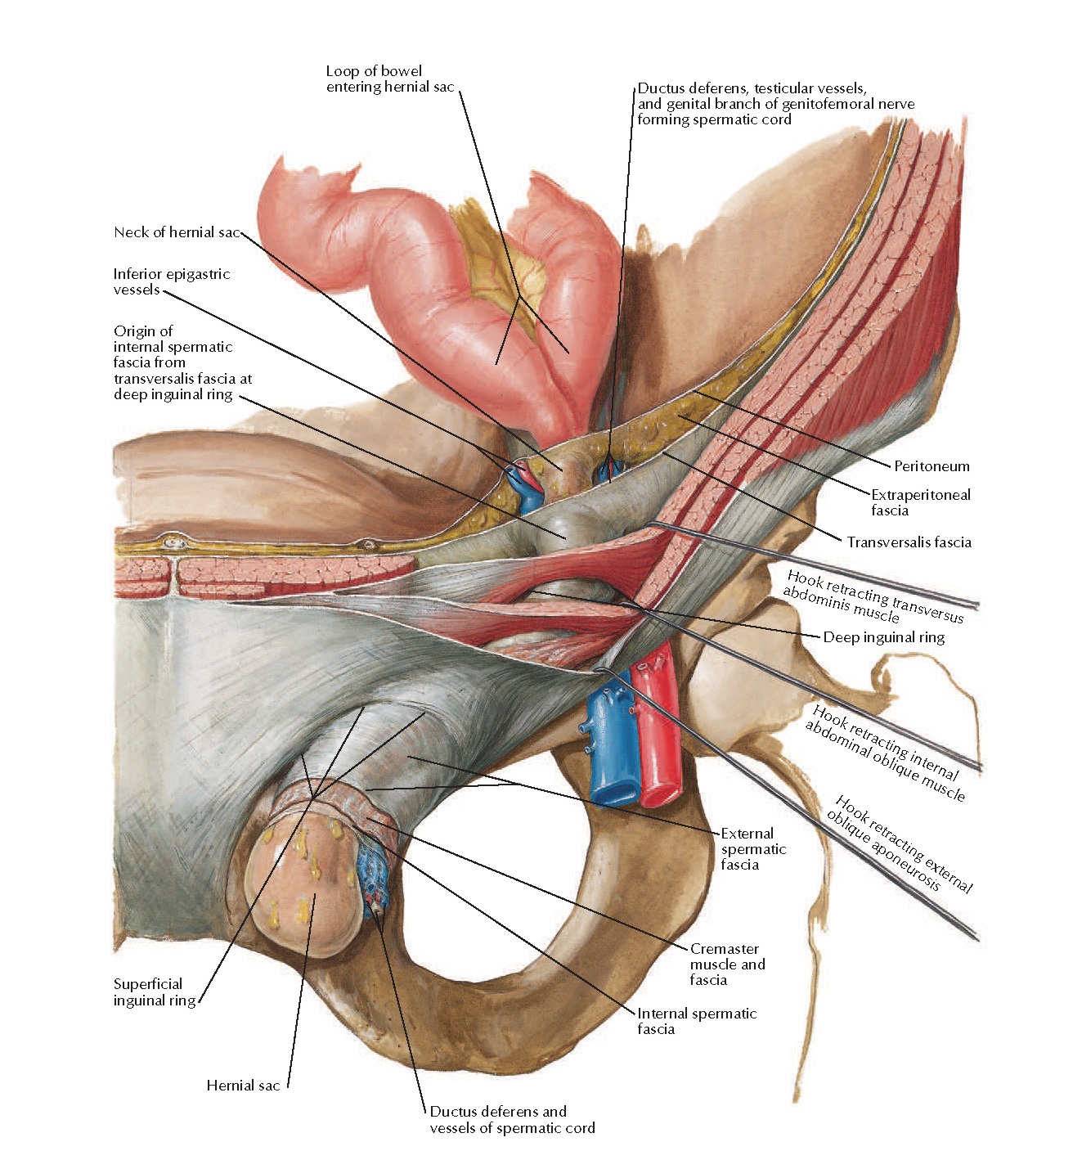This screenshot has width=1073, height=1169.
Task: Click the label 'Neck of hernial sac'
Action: [177, 232]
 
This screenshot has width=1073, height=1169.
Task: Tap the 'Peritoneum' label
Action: [932, 466]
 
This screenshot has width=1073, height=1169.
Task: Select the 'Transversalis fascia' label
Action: [909, 542]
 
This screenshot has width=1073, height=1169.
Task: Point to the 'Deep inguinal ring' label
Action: [883, 637]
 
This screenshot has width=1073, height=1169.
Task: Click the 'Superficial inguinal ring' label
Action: [155, 992]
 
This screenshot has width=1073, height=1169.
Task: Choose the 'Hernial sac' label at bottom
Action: [243, 1086]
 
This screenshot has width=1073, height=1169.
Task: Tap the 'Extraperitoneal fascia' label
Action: [920, 502]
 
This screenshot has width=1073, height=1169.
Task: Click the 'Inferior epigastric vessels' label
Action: [172, 281]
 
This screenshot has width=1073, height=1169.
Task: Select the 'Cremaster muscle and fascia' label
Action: [727, 964]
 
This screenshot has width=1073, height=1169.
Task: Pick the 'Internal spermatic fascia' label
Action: [696, 1021]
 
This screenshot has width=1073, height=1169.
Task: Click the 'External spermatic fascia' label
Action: [752, 849]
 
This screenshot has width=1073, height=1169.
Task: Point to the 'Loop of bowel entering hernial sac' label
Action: [389, 79]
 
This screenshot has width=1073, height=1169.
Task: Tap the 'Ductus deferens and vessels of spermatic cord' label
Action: [512, 1120]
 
